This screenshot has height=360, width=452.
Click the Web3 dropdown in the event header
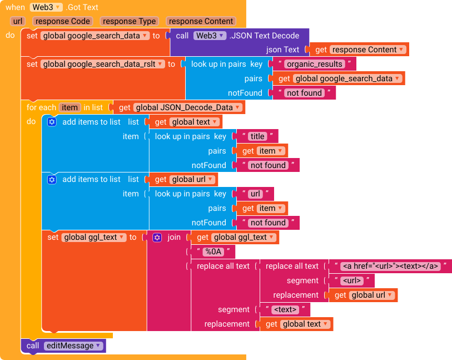(x=46, y=7)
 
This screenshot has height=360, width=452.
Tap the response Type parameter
(x=130, y=22)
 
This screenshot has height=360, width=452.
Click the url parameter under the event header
(x=17, y=22)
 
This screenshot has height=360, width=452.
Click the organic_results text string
(x=315, y=64)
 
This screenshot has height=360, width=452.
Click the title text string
(x=257, y=136)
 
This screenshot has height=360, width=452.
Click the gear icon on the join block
(x=157, y=238)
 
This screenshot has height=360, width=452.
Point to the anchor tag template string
(x=389, y=267)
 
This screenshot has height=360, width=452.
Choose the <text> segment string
(x=286, y=310)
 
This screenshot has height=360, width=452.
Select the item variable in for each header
(x=69, y=107)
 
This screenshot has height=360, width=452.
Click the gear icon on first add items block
(x=52, y=122)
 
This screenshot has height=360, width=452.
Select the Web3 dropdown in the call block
(x=210, y=36)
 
